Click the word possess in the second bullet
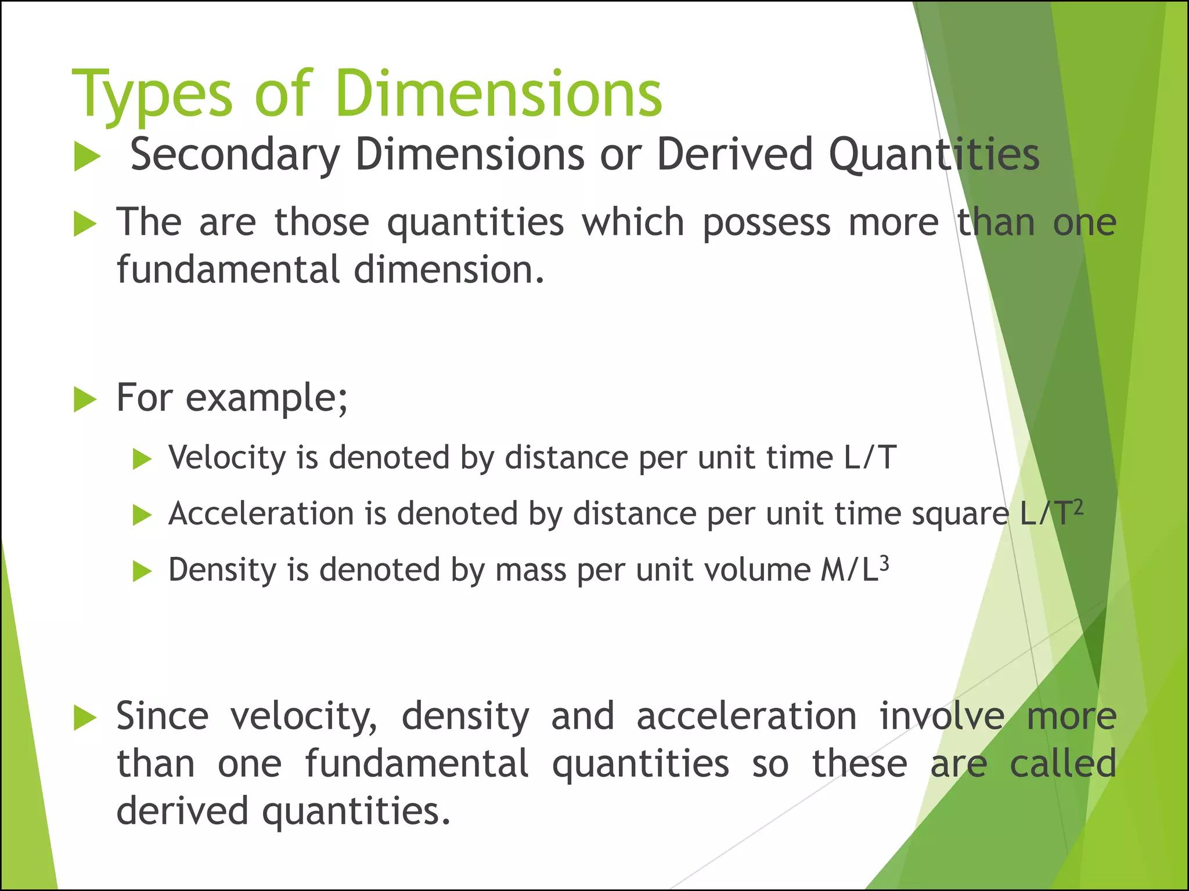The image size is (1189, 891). (766, 223)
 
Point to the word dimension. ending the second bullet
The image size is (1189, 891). (449, 270)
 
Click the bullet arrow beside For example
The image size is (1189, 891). (85, 400)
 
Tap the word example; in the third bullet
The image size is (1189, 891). (266, 399)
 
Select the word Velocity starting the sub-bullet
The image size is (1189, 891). (227, 458)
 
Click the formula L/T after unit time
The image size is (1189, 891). (870, 458)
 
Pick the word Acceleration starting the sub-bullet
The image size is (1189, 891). (261, 514)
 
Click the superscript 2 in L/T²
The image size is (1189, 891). (1078, 506)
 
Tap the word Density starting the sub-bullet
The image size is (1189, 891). (222, 570)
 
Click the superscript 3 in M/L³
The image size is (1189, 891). (884, 563)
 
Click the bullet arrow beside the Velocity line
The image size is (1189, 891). (142, 460)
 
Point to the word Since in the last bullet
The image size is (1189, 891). (162, 716)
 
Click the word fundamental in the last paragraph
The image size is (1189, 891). (416, 764)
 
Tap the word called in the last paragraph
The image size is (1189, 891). (1062, 764)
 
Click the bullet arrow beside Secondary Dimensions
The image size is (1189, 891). (87, 158)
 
